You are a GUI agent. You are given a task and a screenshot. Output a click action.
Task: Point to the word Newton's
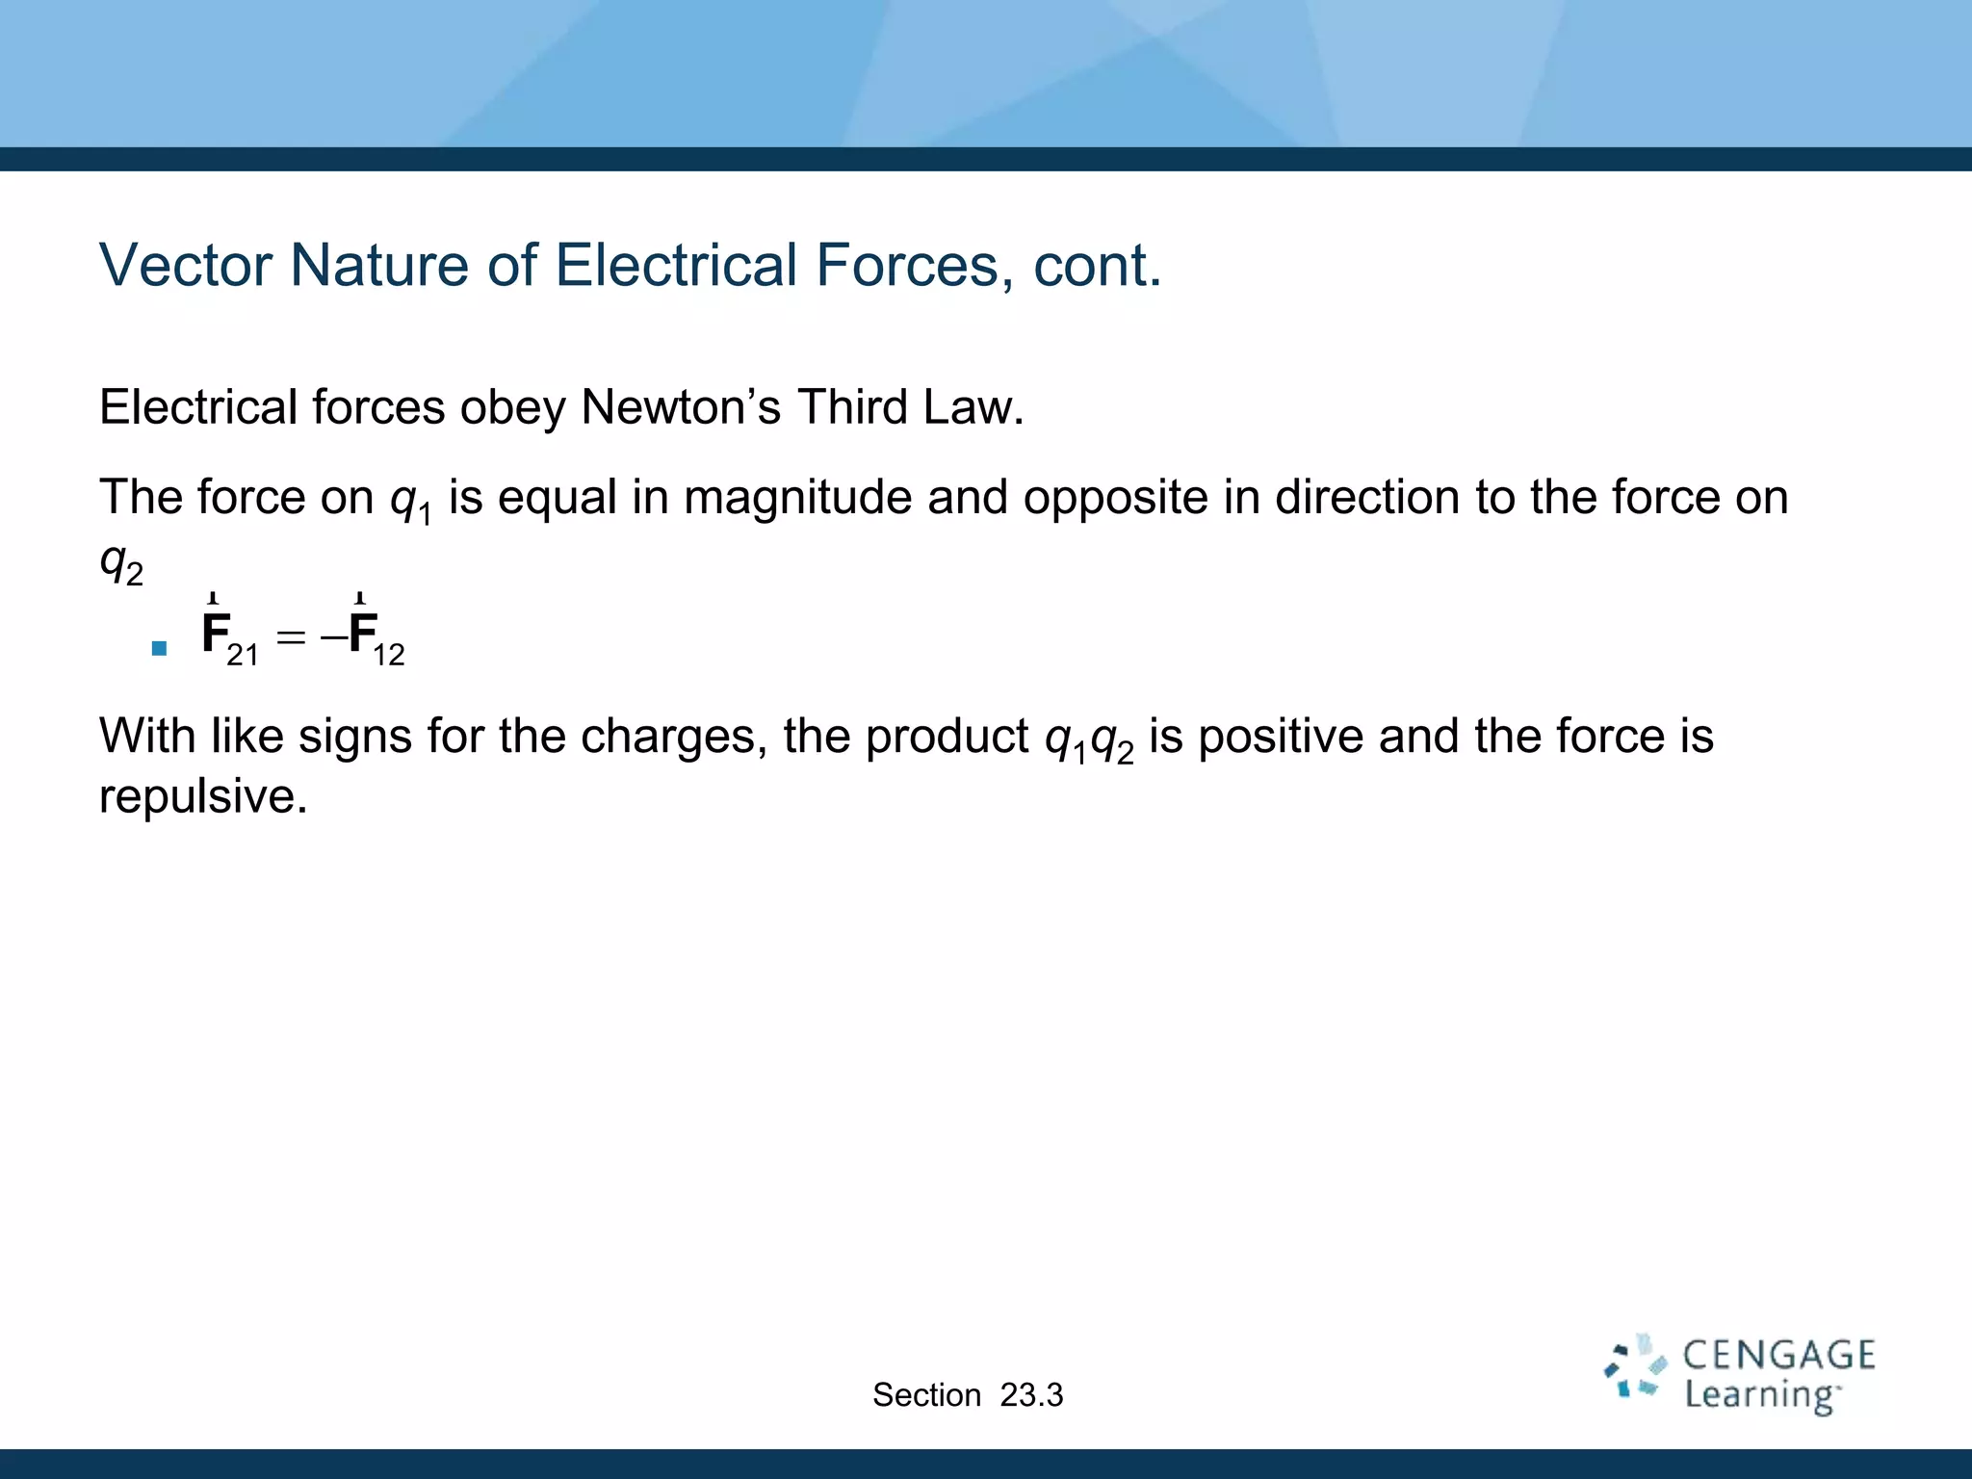tap(681, 407)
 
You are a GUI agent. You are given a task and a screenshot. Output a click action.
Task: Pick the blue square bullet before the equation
tap(160, 648)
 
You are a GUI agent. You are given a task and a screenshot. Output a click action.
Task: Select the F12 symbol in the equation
tap(376, 636)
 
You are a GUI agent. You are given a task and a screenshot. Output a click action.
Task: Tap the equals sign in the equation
tap(290, 636)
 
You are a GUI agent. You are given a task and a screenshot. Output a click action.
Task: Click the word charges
tap(673, 737)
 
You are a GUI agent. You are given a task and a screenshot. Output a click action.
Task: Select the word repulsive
tap(203, 796)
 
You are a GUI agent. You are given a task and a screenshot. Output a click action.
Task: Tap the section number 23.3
tap(1031, 1394)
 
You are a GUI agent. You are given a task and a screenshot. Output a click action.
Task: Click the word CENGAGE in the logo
tap(1778, 1355)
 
